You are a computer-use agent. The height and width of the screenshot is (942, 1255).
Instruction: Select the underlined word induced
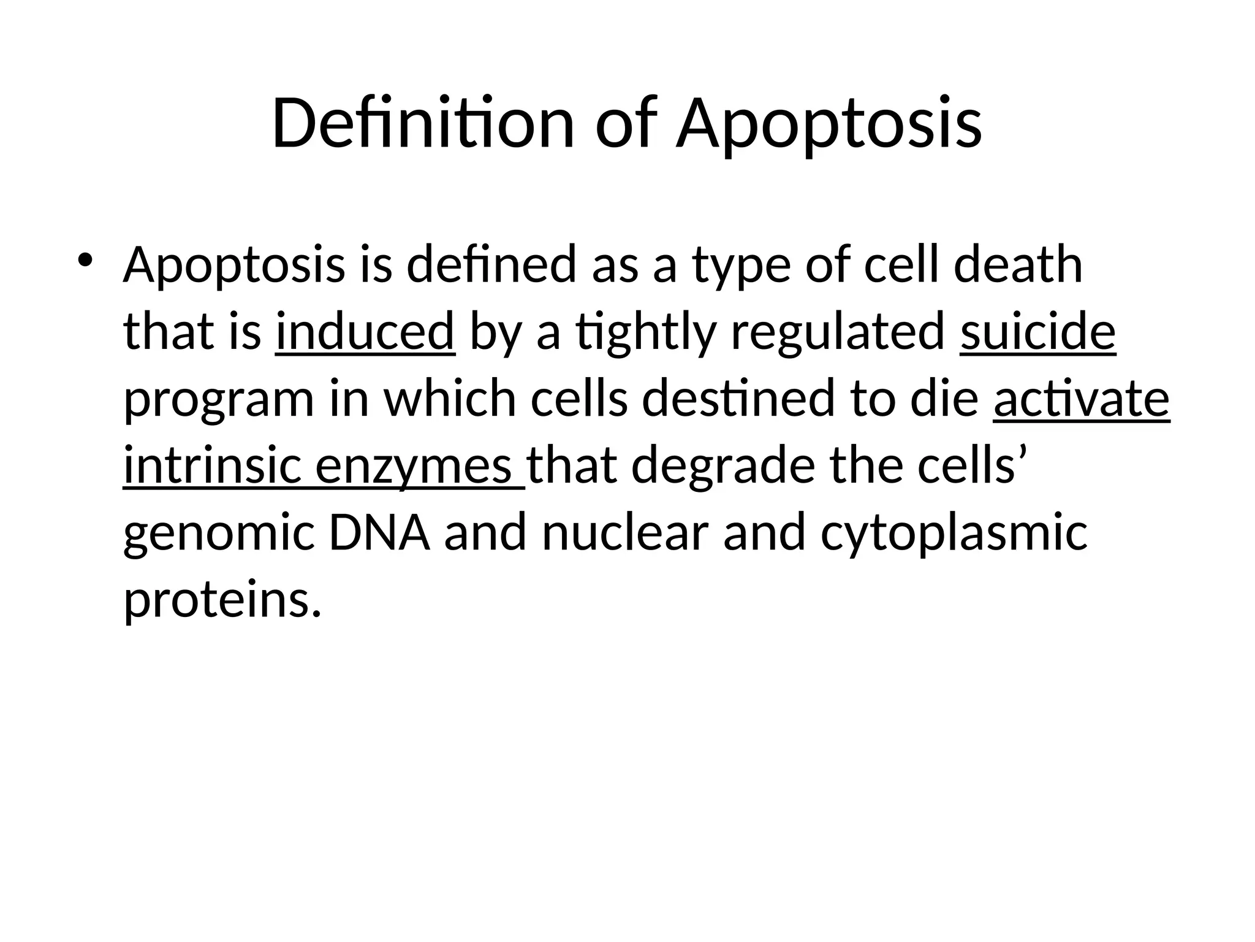click(x=365, y=332)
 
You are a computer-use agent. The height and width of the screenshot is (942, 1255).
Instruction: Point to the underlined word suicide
click(x=1037, y=332)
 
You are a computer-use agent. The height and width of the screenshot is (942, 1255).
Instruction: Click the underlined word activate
click(x=1082, y=399)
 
